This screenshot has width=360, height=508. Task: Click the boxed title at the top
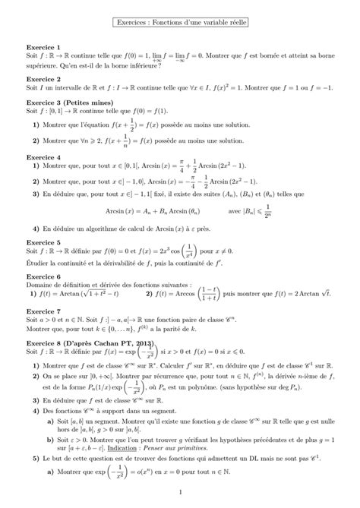click(179, 24)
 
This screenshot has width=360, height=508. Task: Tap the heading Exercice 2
click(43, 79)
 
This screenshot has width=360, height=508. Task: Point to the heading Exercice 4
click(43, 158)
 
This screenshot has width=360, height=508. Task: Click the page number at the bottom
click(179, 497)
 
